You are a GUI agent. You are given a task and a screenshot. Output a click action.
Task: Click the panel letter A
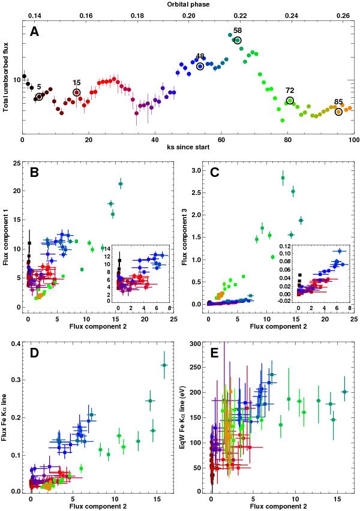34,34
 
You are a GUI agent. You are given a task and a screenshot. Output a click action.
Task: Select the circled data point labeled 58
238,40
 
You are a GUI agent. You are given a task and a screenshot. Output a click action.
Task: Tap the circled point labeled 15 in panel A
77,92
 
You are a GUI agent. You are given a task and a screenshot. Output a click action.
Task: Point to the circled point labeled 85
339,112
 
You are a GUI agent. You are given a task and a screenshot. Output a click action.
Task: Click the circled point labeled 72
290,100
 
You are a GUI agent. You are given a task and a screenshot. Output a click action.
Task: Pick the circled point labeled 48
200,66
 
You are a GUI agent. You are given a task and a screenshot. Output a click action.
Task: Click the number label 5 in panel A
39,87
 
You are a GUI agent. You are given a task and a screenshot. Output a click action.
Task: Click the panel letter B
34,174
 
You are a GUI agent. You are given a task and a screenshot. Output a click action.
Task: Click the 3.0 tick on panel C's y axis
196,171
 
